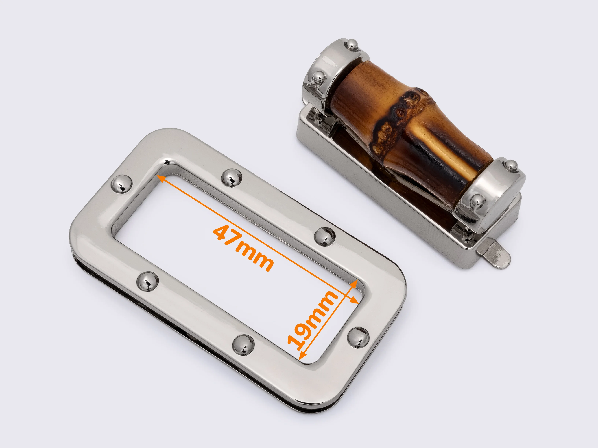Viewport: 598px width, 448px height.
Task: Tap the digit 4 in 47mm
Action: click(222, 233)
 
